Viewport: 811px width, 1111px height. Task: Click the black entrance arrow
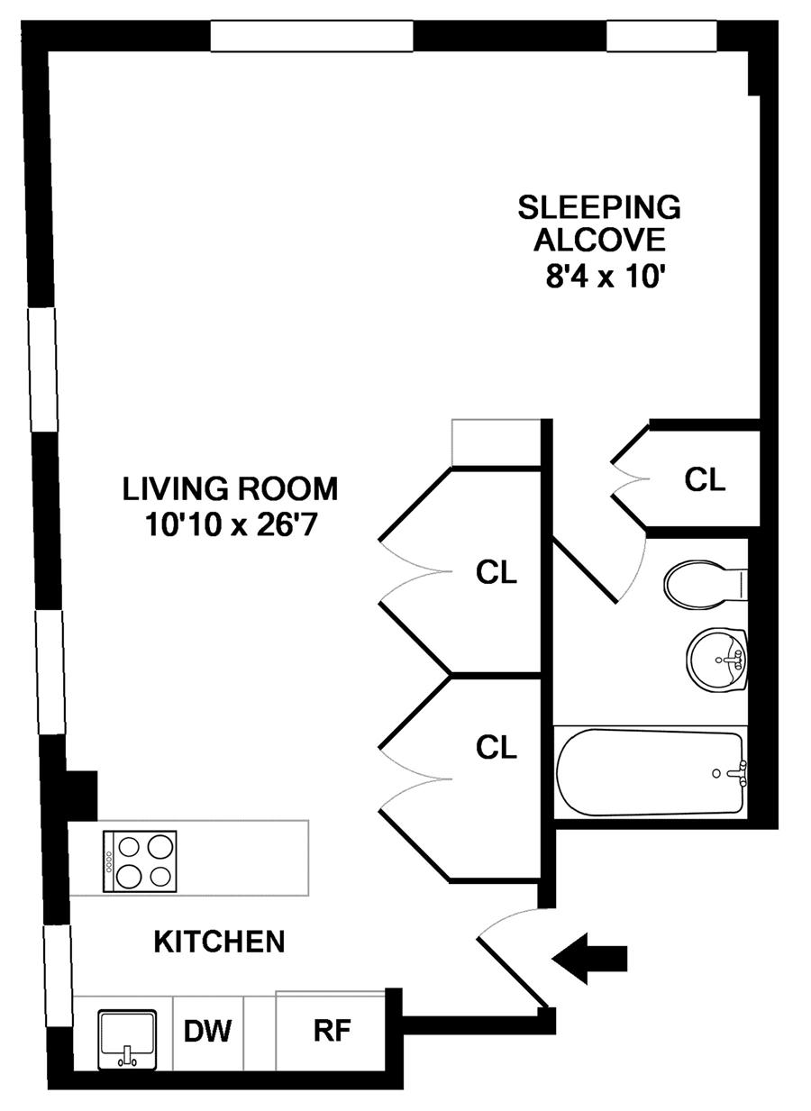coord(589,958)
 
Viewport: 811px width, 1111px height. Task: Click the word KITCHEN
coord(219,942)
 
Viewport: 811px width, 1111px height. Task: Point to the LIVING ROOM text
coord(230,488)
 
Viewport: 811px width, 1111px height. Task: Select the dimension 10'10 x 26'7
coord(230,524)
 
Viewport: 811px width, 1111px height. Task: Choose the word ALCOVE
coord(599,240)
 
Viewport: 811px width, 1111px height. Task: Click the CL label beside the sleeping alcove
coord(705,479)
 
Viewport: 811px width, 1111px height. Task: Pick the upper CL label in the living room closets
coord(496,572)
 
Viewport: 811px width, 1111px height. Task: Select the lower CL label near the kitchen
coord(496,747)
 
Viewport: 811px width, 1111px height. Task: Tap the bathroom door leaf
coord(586,571)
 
